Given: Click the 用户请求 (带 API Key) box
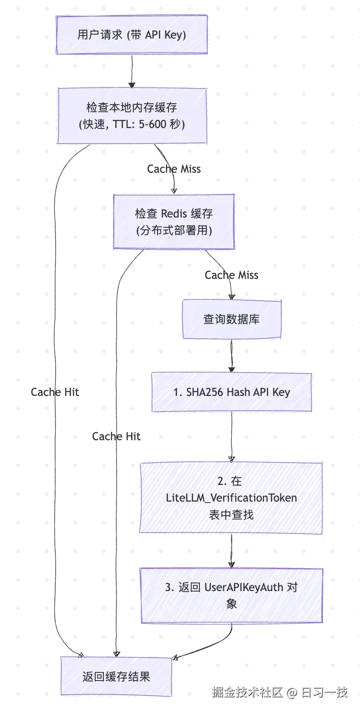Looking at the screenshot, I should coord(131,35).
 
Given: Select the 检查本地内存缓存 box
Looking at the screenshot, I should coord(132,116).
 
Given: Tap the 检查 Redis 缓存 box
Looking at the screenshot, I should coord(174,221).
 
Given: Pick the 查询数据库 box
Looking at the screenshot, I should coord(231,319).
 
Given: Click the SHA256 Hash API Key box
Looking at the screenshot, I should coord(232,392).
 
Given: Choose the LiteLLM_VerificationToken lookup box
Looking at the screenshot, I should coord(231,498).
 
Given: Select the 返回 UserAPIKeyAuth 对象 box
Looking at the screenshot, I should coord(231,595).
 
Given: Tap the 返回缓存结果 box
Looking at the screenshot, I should coord(116,676).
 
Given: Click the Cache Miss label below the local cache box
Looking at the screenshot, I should coord(174,169).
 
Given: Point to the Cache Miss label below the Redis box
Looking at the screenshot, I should coord(231,275).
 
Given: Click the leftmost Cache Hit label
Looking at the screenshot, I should coord(55,392).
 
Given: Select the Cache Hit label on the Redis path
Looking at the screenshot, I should coord(116,436).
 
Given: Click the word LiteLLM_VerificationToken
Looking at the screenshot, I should coord(231,498).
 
